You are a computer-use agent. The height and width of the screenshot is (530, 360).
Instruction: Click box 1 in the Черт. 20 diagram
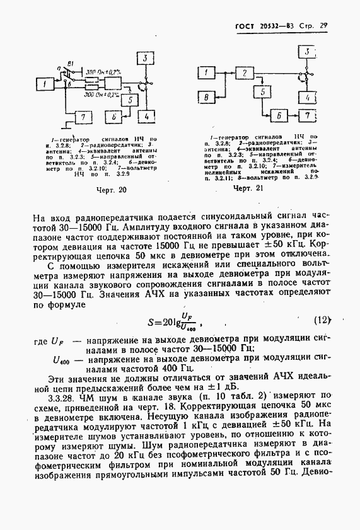[x=45, y=83]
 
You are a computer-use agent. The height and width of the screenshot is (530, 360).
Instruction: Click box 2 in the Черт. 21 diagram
[x=243, y=74]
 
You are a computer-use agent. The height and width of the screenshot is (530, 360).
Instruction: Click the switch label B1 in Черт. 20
[x=71, y=63]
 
